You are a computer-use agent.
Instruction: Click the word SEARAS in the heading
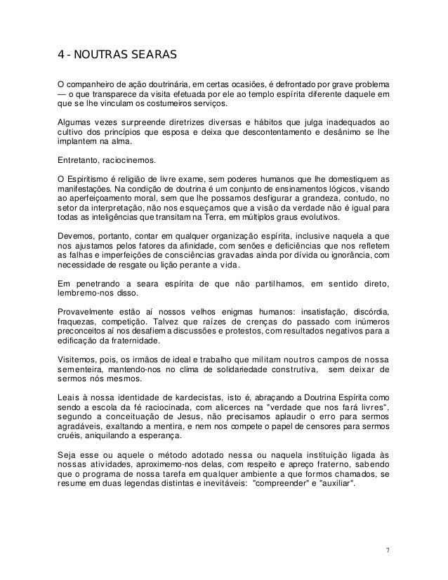pos(150,54)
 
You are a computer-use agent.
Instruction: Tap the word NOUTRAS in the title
pos(100,54)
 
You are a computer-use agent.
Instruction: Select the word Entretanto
pos(80,159)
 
